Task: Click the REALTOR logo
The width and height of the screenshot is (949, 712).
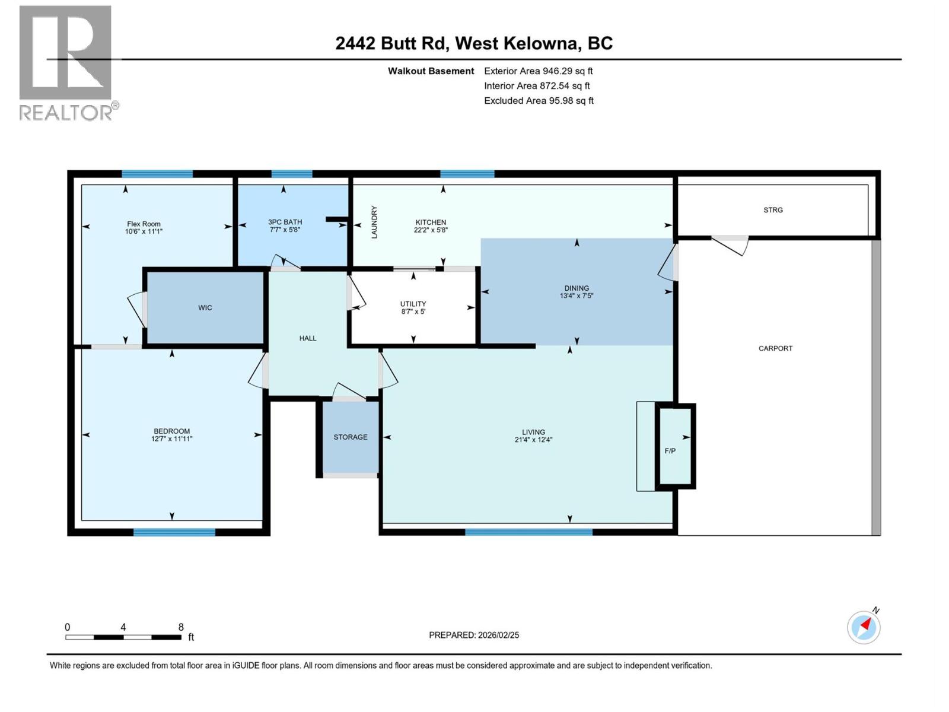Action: (x=66, y=63)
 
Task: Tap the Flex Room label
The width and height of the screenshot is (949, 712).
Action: (x=144, y=224)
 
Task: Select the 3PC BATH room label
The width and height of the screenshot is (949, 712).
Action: (x=285, y=222)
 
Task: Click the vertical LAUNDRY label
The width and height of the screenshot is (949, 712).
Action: (x=374, y=223)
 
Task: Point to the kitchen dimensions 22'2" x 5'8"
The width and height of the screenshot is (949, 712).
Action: (x=431, y=230)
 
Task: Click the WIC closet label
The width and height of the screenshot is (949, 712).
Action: (x=205, y=307)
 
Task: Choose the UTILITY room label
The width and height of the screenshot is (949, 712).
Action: (x=413, y=304)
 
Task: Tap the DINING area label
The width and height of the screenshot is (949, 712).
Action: (x=577, y=288)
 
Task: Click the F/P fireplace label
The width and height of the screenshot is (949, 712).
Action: (x=670, y=451)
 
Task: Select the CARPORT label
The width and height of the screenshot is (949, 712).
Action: (x=775, y=348)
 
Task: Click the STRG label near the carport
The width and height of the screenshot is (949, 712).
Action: (x=773, y=210)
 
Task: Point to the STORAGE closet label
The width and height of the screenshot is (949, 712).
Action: (x=350, y=437)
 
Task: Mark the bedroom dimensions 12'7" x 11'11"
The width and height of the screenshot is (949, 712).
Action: (x=172, y=439)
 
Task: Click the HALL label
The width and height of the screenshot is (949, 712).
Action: (x=308, y=338)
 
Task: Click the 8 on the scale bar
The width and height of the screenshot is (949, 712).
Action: (x=181, y=627)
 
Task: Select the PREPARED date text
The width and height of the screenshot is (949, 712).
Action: (x=474, y=635)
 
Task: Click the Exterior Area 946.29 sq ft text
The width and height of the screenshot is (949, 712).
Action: (x=538, y=71)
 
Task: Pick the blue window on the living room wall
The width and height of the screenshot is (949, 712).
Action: (x=528, y=532)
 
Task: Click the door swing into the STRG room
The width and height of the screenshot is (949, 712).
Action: (x=731, y=244)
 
